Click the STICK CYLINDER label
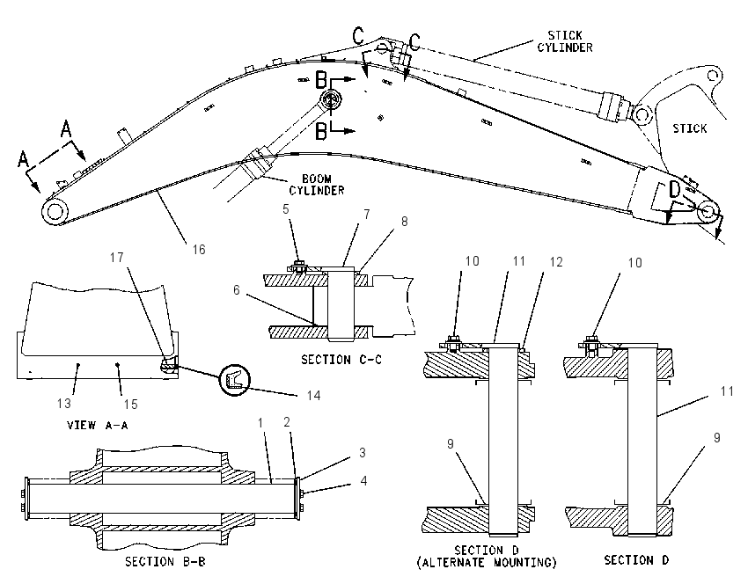tap(565, 41)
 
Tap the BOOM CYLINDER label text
tap(317, 185)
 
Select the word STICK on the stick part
tap(689, 128)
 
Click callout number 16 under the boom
tap(199, 249)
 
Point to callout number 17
tap(117, 258)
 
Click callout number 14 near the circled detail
tap(313, 395)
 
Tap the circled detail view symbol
tap(234, 379)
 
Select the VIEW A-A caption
tap(98, 425)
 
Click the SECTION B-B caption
tap(165, 562)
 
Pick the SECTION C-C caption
tap(341, 360)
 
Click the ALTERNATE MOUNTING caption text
tap(487, 563)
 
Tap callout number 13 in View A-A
tap(64, 404)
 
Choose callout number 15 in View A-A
tap(131, 405)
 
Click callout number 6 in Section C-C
tap(236, 290)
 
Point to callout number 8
tap(405, 222)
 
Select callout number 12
tap(556, 262)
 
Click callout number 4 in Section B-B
tap(363, 480)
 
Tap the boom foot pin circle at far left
tap(55, 211)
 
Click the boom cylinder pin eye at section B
tap(330, 100)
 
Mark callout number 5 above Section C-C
tap(286, 208)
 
